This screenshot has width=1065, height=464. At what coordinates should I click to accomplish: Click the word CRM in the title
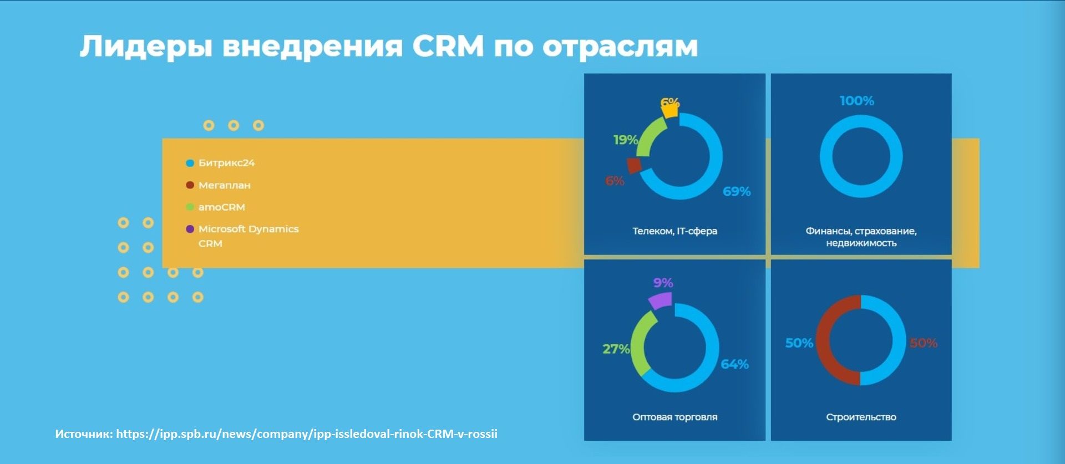448,45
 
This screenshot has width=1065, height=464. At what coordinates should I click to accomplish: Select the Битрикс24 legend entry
221,163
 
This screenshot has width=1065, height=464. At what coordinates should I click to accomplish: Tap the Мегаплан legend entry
219,185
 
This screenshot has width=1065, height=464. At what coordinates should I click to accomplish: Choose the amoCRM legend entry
216,207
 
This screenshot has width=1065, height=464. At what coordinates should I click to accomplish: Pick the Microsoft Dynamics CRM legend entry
242,236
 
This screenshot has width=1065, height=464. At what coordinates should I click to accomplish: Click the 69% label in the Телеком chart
737,191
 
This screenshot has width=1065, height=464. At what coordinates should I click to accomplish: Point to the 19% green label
626,140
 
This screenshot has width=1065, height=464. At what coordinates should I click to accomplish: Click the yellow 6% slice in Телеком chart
670,110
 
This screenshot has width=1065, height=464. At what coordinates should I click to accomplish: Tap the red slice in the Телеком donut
634,165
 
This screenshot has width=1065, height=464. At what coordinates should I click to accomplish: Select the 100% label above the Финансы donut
857,101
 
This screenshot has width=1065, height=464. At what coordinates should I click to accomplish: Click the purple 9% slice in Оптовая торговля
660,300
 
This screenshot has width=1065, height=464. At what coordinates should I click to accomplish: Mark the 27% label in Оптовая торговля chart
616,349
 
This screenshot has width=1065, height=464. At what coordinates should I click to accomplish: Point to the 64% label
734,364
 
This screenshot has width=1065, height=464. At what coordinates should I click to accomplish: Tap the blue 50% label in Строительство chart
799,343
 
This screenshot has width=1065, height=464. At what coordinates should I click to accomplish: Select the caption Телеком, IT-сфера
675,231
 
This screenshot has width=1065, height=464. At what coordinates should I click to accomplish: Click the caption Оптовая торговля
675,417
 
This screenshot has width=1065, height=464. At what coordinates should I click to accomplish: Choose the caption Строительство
861,417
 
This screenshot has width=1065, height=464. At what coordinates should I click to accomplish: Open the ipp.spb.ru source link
307,434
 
